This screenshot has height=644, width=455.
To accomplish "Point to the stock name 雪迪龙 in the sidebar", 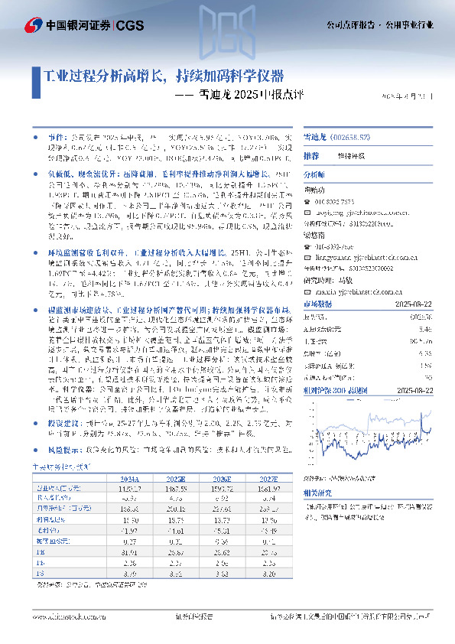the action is (316, 135).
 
